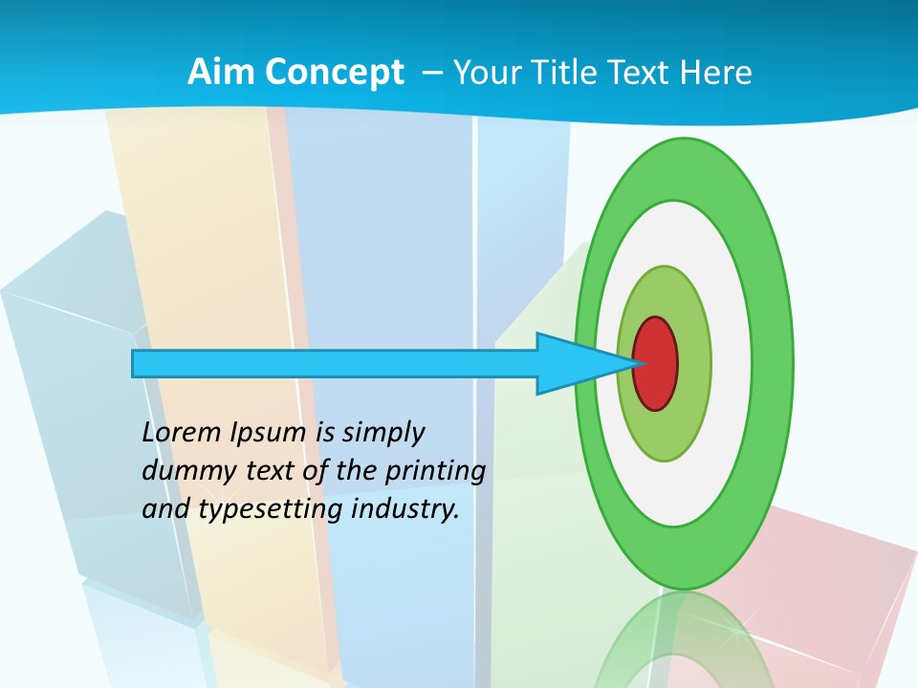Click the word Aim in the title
coord(221,73)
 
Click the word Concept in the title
coord(334,74)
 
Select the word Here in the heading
coord(716,73)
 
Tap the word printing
coord(434,471)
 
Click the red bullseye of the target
coord(656,363)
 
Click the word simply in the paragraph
coord(382,432)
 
